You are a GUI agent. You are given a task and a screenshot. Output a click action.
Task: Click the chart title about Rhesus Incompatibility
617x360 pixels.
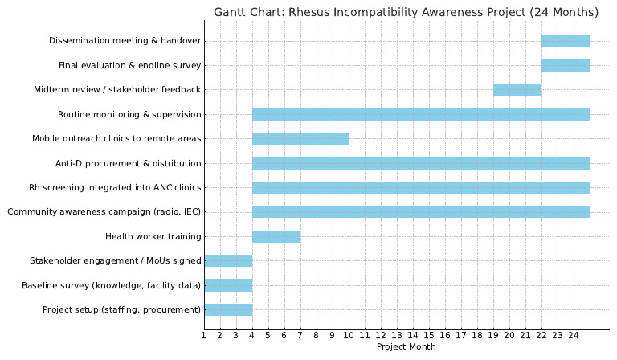coord(406,12)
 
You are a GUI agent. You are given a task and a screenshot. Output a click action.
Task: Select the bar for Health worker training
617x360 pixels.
coord(276,236)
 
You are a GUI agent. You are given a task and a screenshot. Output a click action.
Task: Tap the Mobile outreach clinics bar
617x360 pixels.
coord(300,138)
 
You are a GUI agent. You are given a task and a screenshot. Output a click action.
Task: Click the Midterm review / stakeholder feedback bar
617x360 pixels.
coord(517,89)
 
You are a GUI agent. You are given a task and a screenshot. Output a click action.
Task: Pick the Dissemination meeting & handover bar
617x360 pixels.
coord(566,41)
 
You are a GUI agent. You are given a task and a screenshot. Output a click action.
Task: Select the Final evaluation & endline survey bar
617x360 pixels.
coord(566,65)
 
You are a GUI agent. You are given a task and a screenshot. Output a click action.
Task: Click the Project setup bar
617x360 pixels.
coord(228,309)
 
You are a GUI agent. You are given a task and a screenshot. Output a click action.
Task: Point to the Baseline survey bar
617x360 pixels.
coord(228,285)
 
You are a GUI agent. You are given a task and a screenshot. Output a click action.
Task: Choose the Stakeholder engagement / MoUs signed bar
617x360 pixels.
coord(228,261)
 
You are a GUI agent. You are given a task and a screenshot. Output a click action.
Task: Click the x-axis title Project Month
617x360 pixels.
coord(406,347)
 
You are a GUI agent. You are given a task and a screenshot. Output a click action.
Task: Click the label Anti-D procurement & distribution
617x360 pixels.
coord(128,163)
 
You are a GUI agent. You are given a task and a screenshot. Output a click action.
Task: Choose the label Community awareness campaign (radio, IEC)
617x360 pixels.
coord(104,212)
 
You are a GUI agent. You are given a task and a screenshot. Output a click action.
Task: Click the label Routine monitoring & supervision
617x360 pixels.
coord(129,114)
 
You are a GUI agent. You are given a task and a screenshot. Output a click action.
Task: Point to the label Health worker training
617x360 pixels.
coord(153,236)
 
